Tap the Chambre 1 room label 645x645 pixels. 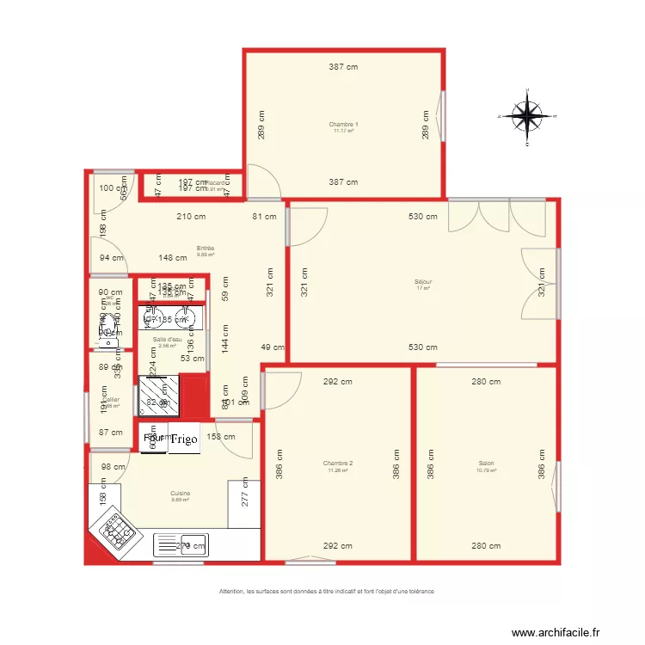pyautogui.click(x=343, y=126)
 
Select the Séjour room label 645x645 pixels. pyautogui.click(x=423, y=283)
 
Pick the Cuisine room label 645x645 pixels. pyautogui.click(x=180, y=494)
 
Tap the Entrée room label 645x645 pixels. pyautogui.click(x=205, y=249)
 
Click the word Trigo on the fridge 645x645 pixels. pyautogui.click(x=184, y=439)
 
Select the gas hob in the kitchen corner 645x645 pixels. pyautogui.click(x=118, y=533)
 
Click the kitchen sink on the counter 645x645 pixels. pyautogui.click(x=193, y=544)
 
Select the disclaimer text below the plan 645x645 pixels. pyautogui.click(x=326, y=591)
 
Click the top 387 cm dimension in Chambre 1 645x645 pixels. pyautogui.click(x=343, y=67)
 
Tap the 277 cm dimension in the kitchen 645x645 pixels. pyautogui.click(x=245, y=491)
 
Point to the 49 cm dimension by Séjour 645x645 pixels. pyautogui.click(x=272, y=347)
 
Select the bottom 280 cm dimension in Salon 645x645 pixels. pyautogui.click(x=486, y=546)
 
